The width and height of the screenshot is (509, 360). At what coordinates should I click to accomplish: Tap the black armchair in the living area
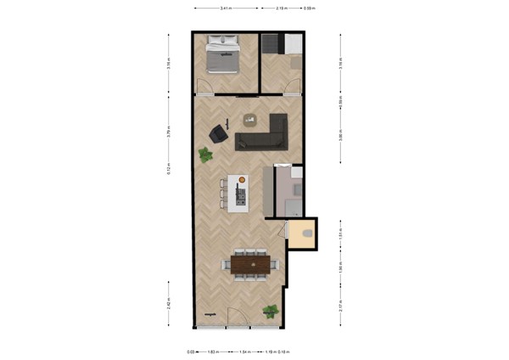(x=220, y=133)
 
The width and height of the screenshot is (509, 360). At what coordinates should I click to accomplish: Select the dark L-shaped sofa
(x=266, y=134)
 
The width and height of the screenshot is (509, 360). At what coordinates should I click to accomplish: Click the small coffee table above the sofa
(x=249, y=118)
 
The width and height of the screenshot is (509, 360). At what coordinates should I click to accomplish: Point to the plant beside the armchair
(x=205, y=155)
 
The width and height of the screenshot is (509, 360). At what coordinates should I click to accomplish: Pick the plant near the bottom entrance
(x=271, y=311)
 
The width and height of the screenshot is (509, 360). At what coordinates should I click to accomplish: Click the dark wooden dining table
(x=250, y=265)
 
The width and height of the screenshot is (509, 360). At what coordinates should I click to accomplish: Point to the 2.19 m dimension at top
(x=281, y=8)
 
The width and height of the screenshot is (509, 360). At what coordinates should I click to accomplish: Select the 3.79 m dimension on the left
(x=170, y=132)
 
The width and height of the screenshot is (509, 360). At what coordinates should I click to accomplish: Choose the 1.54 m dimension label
(x=244, y=351)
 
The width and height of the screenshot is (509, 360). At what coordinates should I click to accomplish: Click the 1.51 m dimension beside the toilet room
(x=341, y=231)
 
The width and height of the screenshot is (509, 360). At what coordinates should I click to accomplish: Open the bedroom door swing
(x=204, y=86)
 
